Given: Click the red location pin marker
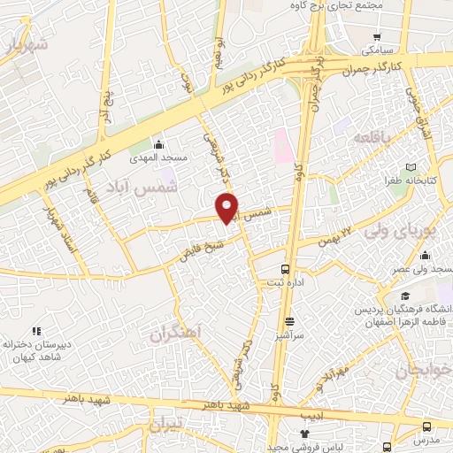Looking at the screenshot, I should (228, 207).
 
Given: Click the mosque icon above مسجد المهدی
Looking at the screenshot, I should (158, 143).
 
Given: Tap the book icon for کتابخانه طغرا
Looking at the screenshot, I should (410, 166).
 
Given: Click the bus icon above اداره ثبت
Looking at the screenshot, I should (285, 268).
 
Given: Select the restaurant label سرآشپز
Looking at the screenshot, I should (289, 336).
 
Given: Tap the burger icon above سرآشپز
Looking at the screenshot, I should (289, 322).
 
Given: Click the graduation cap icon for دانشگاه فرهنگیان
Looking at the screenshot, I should (404, 296).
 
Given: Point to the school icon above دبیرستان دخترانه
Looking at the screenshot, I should (35, 330).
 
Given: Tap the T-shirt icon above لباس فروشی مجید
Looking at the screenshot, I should (305, 434).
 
